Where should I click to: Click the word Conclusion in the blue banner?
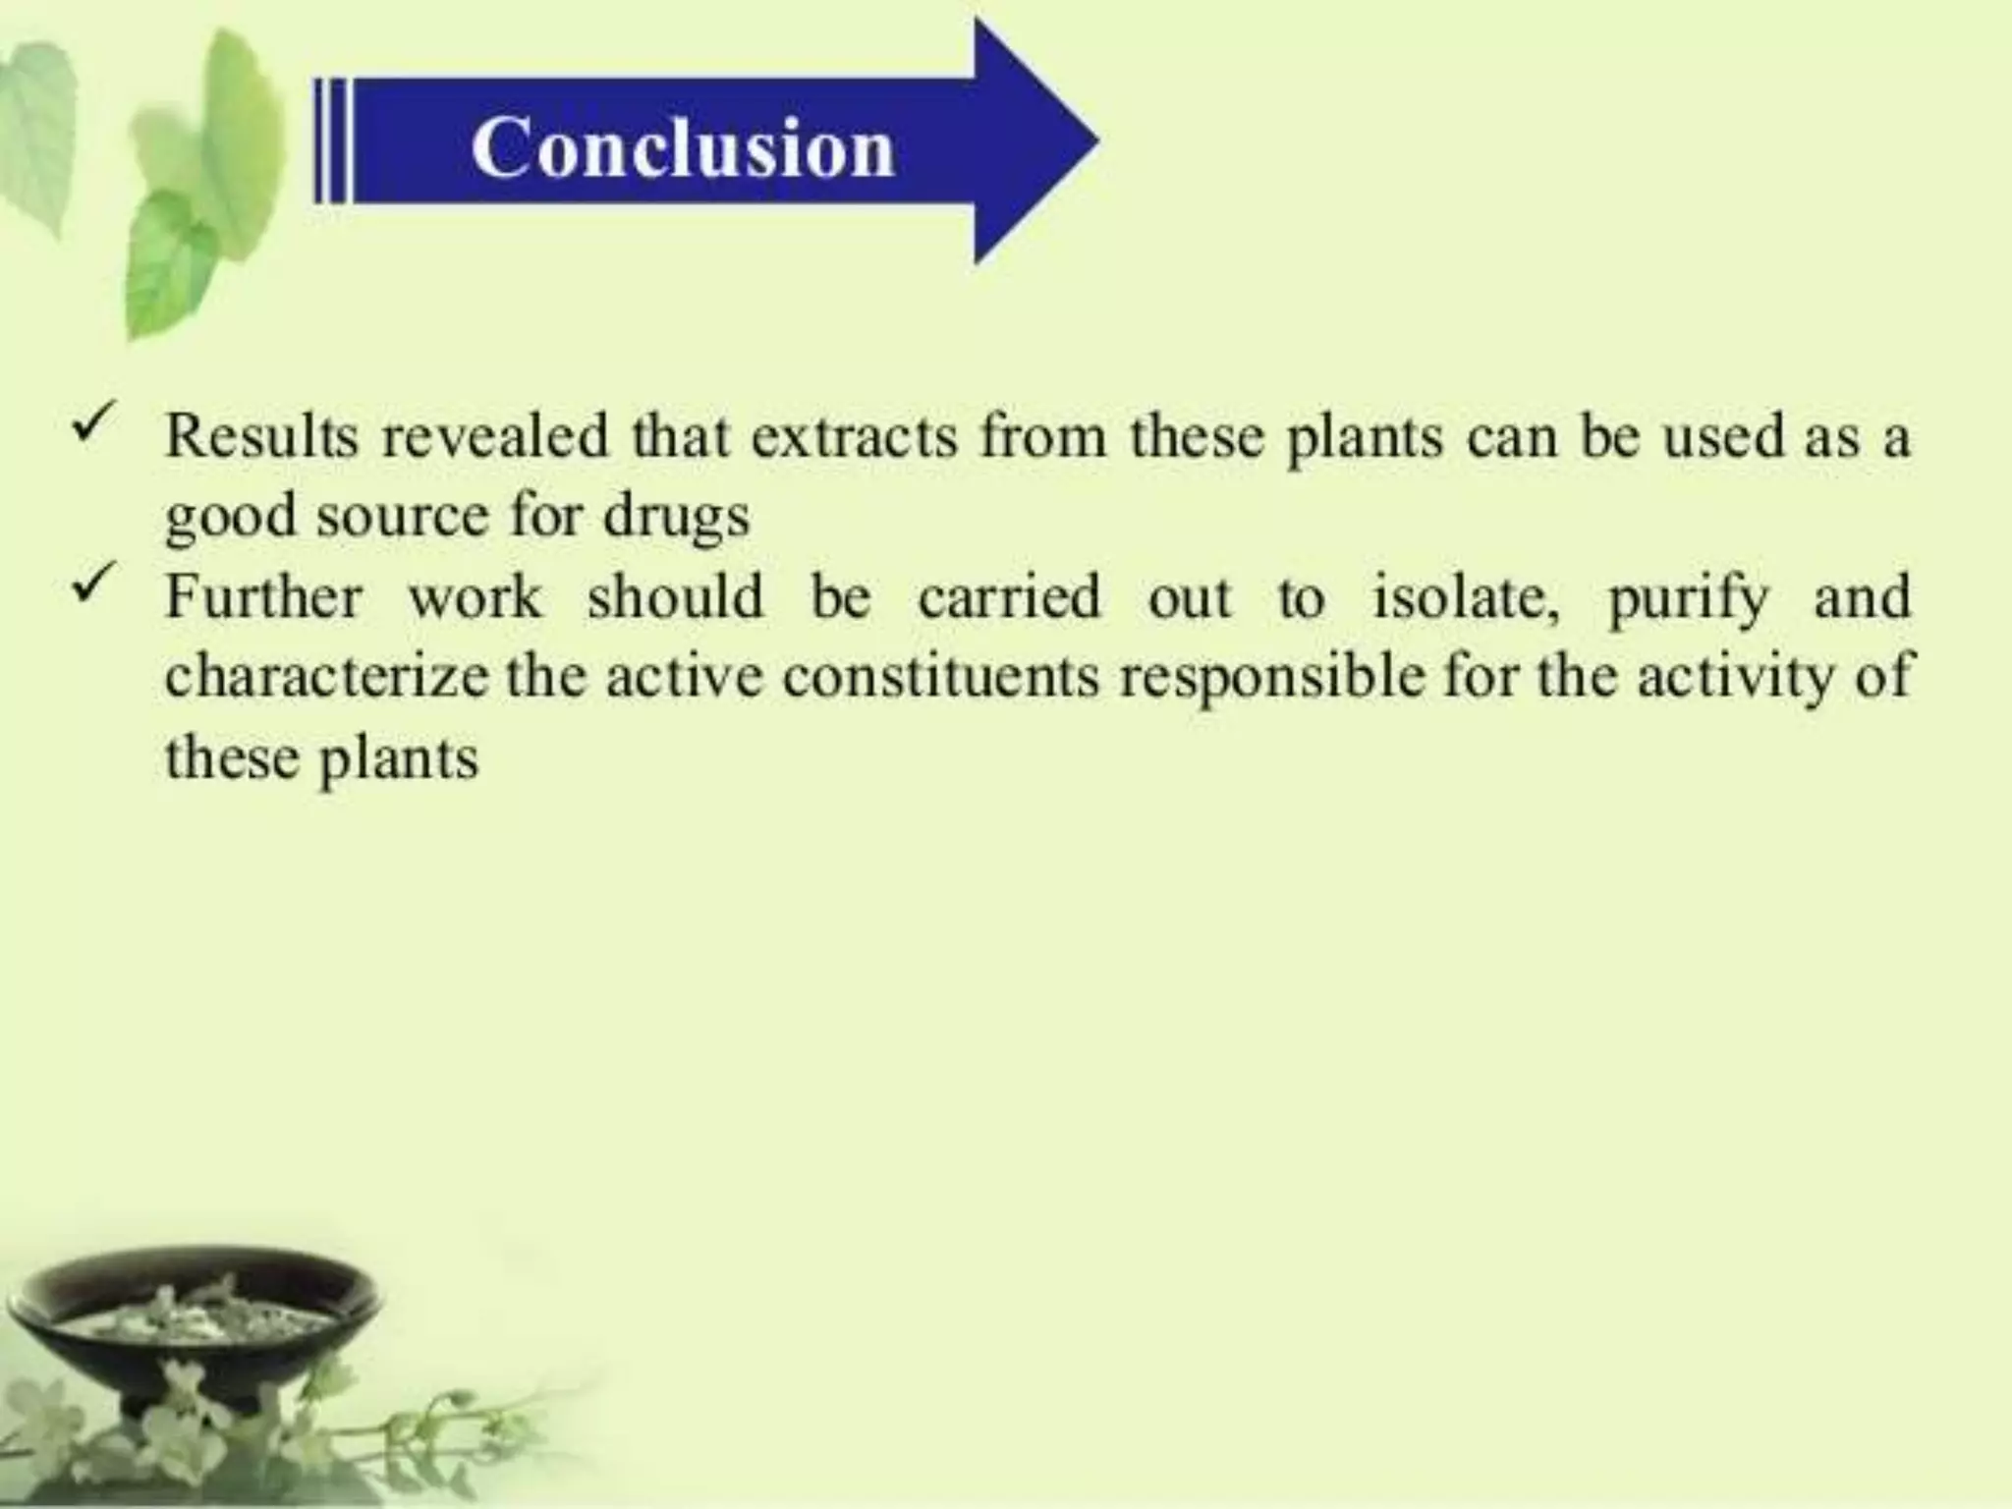(683, 147)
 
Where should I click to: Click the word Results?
(261, 436)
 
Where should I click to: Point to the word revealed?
(495, 436)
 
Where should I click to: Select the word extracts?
(854, 436)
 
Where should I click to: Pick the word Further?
(263, 597)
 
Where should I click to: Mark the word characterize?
(326, 678)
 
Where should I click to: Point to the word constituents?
(941, 678)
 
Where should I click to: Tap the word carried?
(1009, 597)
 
